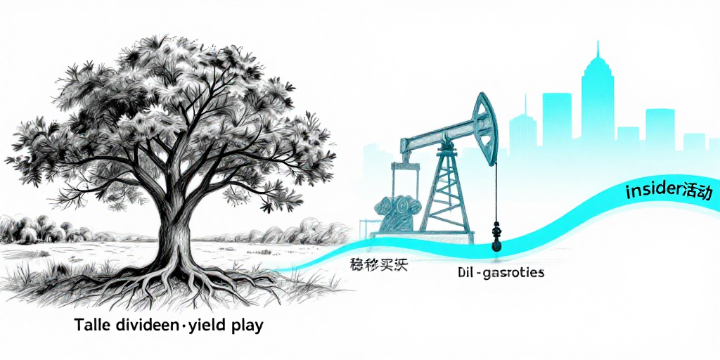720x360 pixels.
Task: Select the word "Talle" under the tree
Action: (91, 327)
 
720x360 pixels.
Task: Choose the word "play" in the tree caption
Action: (246, 328)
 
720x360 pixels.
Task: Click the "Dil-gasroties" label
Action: (496, 271)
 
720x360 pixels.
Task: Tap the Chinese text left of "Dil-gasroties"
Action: (378, 266)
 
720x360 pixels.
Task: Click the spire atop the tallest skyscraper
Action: (598, 53)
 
